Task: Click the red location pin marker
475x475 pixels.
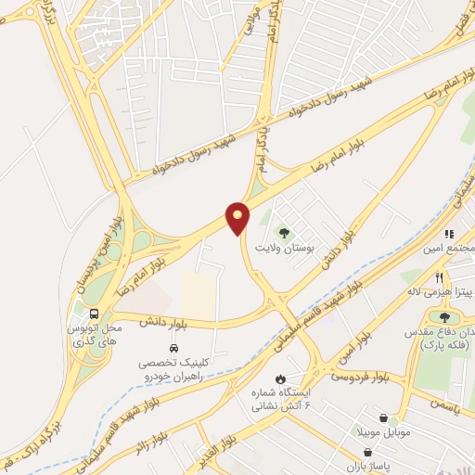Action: click(x=238, y=218)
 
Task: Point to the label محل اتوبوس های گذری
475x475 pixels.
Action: click(x=96, y=335)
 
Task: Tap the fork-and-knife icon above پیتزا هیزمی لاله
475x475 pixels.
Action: click(x=439, y=276)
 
